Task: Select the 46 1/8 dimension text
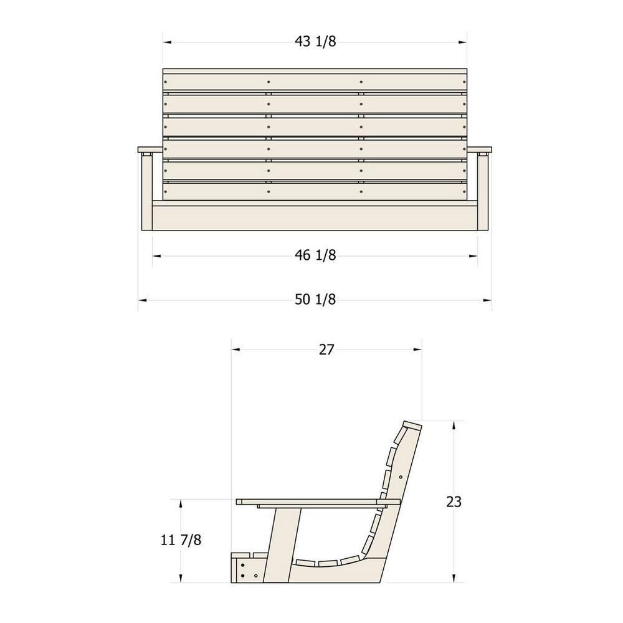click(315, 255)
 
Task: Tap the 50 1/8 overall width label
click(315, 300)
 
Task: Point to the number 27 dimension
click(326, 350)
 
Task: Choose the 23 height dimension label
click(454, 502)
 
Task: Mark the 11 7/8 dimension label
click(181, 540)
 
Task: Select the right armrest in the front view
click(479, 150)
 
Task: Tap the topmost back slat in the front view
click(315, 81)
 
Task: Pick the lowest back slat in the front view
click(315, 191)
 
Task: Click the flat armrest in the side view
click(318, 502)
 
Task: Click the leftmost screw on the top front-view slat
click(166, 81)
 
